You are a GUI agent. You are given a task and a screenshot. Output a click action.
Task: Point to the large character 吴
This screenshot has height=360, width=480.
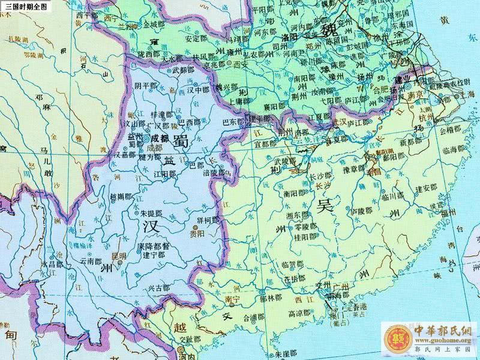click(x=325, y=206)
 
